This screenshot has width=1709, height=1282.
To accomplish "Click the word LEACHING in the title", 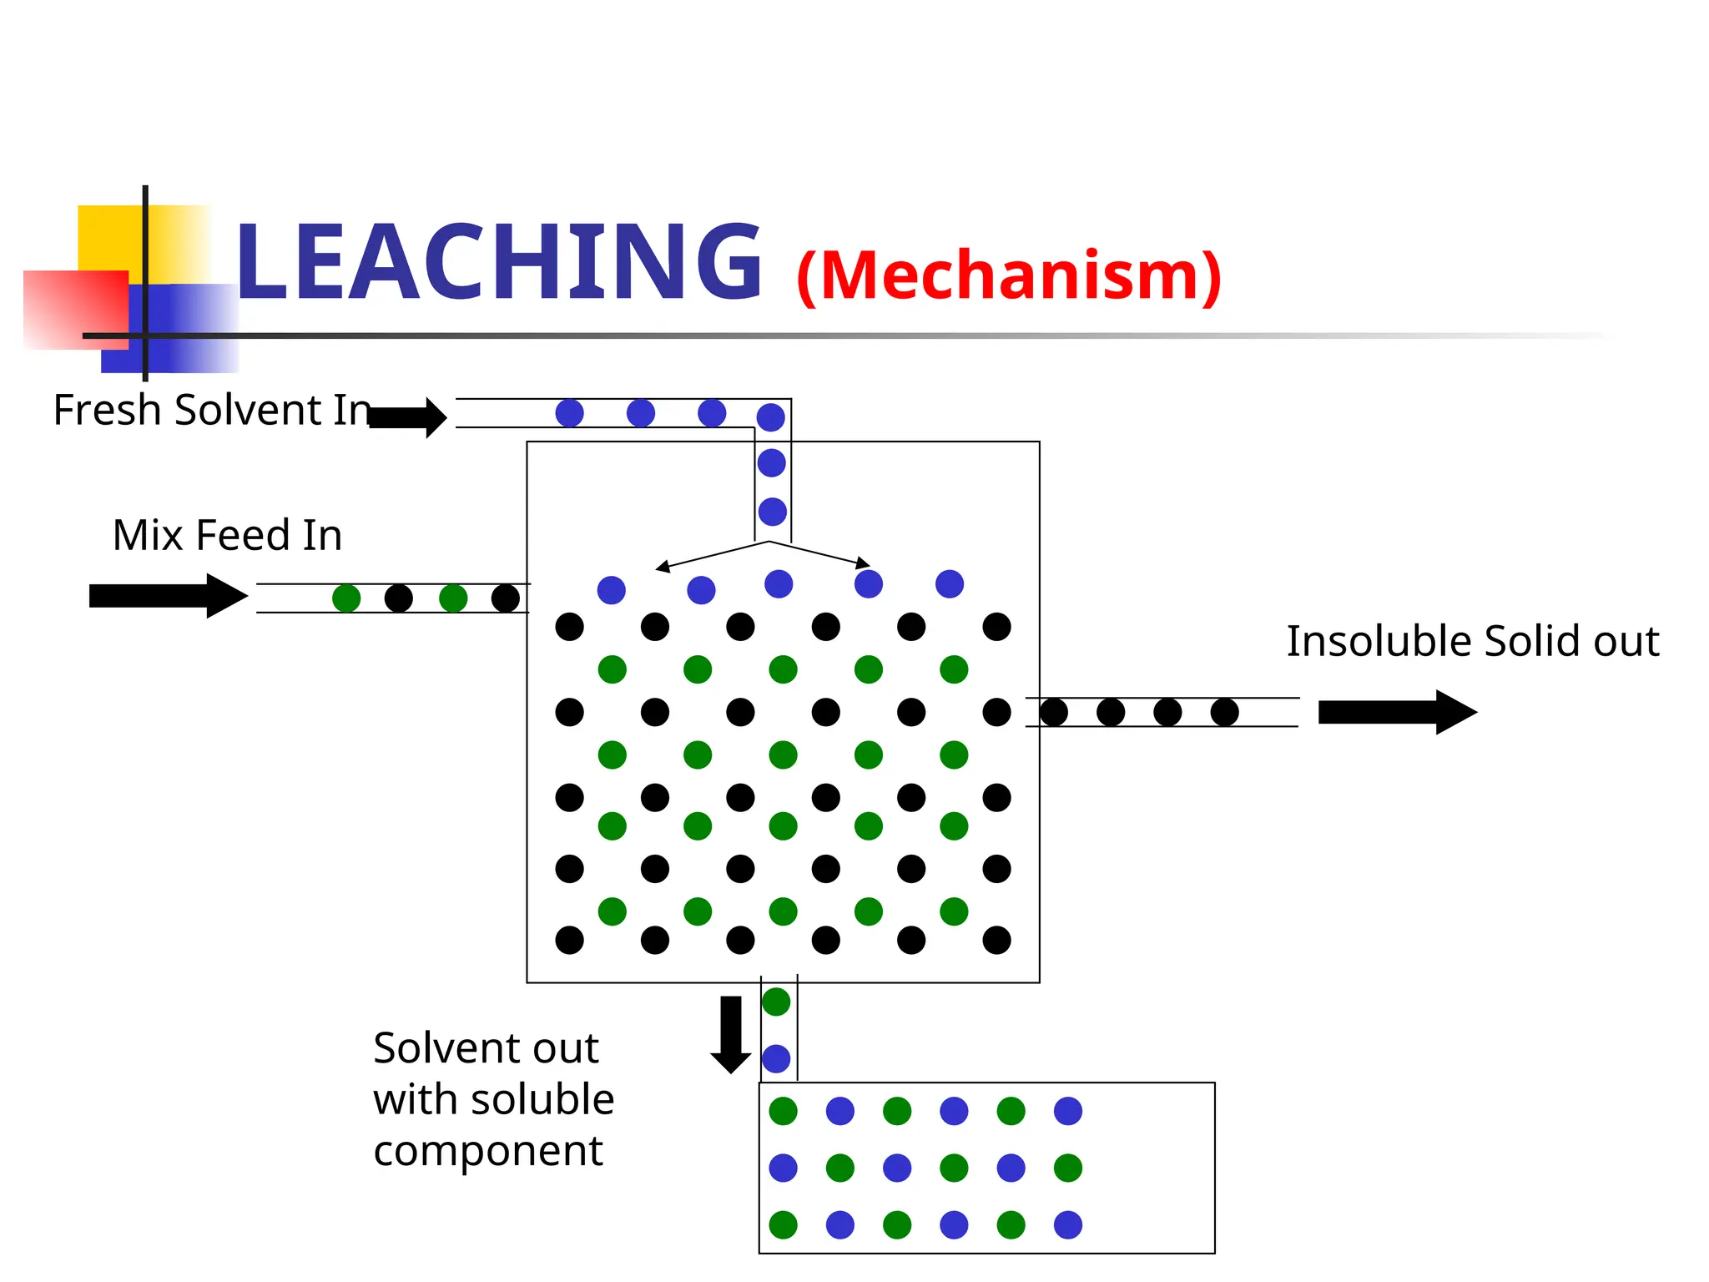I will pos(498,261).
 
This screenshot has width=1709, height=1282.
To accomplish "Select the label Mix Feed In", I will pos(227,535).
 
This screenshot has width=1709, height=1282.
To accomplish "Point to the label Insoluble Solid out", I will pos(1472,641).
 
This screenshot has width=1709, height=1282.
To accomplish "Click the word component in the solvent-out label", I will pos(488,1152).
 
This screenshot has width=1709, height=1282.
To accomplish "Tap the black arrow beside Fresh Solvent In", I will pos(408,417).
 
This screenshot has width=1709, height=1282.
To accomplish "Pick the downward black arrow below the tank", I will pos(731,1034).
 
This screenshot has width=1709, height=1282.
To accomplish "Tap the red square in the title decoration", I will pos(75,309).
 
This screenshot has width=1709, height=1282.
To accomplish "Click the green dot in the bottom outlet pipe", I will pos(776,1002).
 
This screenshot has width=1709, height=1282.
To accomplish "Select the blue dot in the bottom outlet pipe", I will pos(776,1058).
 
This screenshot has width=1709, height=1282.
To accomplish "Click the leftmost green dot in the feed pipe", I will pos(346,598).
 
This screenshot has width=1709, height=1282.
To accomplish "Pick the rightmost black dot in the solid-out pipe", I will pos(1224,713).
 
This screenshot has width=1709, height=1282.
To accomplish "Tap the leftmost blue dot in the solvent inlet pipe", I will pos(569,412).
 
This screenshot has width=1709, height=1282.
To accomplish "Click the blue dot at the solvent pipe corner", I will pos(770,416).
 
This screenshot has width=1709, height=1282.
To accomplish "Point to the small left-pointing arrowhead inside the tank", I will pos(663,568).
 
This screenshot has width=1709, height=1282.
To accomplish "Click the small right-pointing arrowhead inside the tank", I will pos(864,563).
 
